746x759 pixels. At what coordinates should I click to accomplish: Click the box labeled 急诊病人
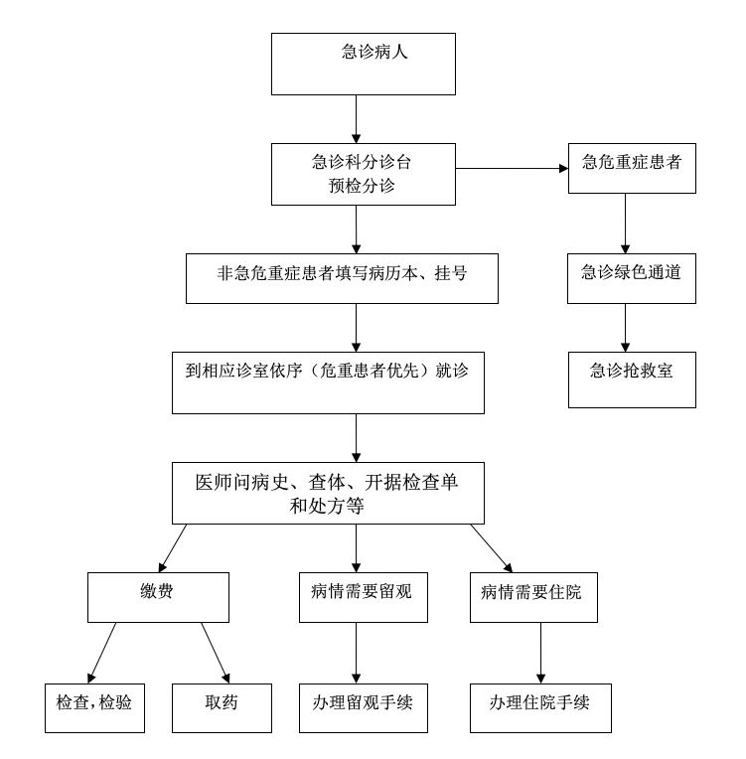pyautogui.click(x=364, y=64)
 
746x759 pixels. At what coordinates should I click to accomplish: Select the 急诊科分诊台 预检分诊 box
pyautogui.click(x=364, y=174)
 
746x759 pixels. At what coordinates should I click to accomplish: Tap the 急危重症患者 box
pyautogui.click(x=632, y=169)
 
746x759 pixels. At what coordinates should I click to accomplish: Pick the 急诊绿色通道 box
pyautogui.click(x=631, y=279)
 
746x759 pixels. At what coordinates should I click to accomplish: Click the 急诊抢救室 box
pyautogui.click(x=632, y=379)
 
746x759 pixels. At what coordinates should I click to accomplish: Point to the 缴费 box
pyautogui.click(x=158, y=597)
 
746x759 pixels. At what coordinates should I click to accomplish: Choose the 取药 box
pyautogui.click(x=222, y=708)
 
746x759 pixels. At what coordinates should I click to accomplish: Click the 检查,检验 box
pyautogui.click(x=94, y=708)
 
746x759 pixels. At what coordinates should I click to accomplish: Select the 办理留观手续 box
pyautogui.click(x=364, y=708)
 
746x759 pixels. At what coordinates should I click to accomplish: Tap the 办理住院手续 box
pyautogui.click(x=540, y=708)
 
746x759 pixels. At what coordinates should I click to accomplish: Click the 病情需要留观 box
pyautogui.click(x=364, y=597)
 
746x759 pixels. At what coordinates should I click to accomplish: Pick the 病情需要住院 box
pyautogui.click(x=533, y=597)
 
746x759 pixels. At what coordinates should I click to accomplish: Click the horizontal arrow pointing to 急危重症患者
pyautogui.click(x=512, y=169)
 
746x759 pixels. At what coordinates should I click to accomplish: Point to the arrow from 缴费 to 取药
pyautogui.click(x=216, y=653)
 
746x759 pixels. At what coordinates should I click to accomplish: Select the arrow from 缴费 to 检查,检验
pyautogui.click(x=101, y=653)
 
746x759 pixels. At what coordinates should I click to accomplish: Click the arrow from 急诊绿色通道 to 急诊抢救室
pyautogui.click(x=625, y=328)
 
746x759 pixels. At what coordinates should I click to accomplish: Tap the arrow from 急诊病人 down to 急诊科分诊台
pyautogui.click(x=356, y=119)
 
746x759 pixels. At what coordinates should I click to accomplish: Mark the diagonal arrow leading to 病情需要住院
pyautogui.click(x=492, y=548)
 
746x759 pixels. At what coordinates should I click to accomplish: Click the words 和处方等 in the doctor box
pyautogui.click(x=327, y=507)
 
